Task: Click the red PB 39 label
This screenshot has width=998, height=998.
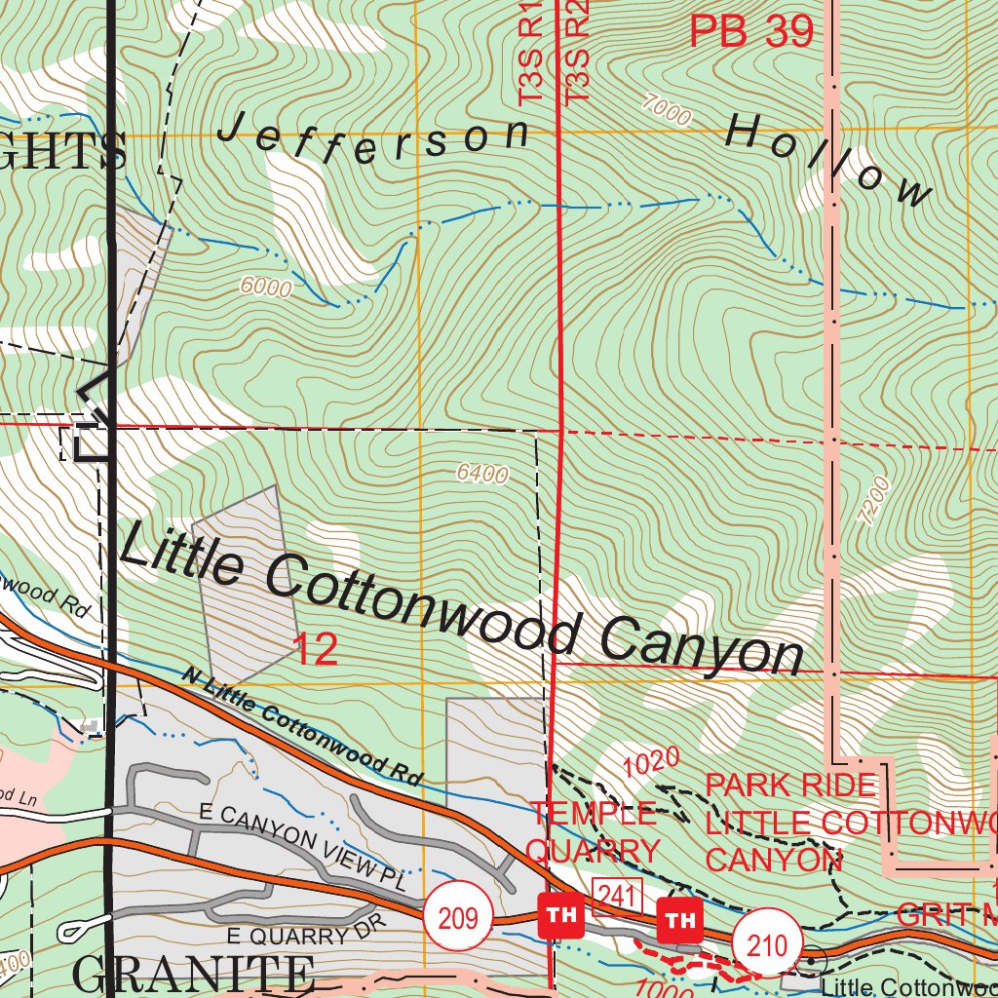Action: [x=750, y=32]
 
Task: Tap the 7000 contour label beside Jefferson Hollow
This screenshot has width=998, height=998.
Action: [x=667, y=111]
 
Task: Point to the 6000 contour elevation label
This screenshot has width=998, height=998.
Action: [x=265, y=287]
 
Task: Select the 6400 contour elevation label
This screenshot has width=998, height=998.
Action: [x=482, y=474]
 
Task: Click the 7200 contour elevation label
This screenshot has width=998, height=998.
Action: [x=874, y=501]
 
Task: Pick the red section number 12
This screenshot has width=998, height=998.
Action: [x=316, y=650]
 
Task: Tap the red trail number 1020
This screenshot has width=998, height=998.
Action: [x=651, y=763]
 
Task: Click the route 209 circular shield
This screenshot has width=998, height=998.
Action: [x=458, y=917]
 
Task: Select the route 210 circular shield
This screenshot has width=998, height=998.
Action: [x=767, y=943]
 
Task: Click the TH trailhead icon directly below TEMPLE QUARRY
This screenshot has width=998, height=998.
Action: [x=560, y=916]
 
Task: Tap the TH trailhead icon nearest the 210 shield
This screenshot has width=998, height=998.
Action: [x=681, y=919]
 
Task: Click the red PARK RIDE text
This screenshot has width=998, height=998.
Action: [x=789, y=785]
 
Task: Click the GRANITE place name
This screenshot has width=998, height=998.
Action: [x=193, y=975]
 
